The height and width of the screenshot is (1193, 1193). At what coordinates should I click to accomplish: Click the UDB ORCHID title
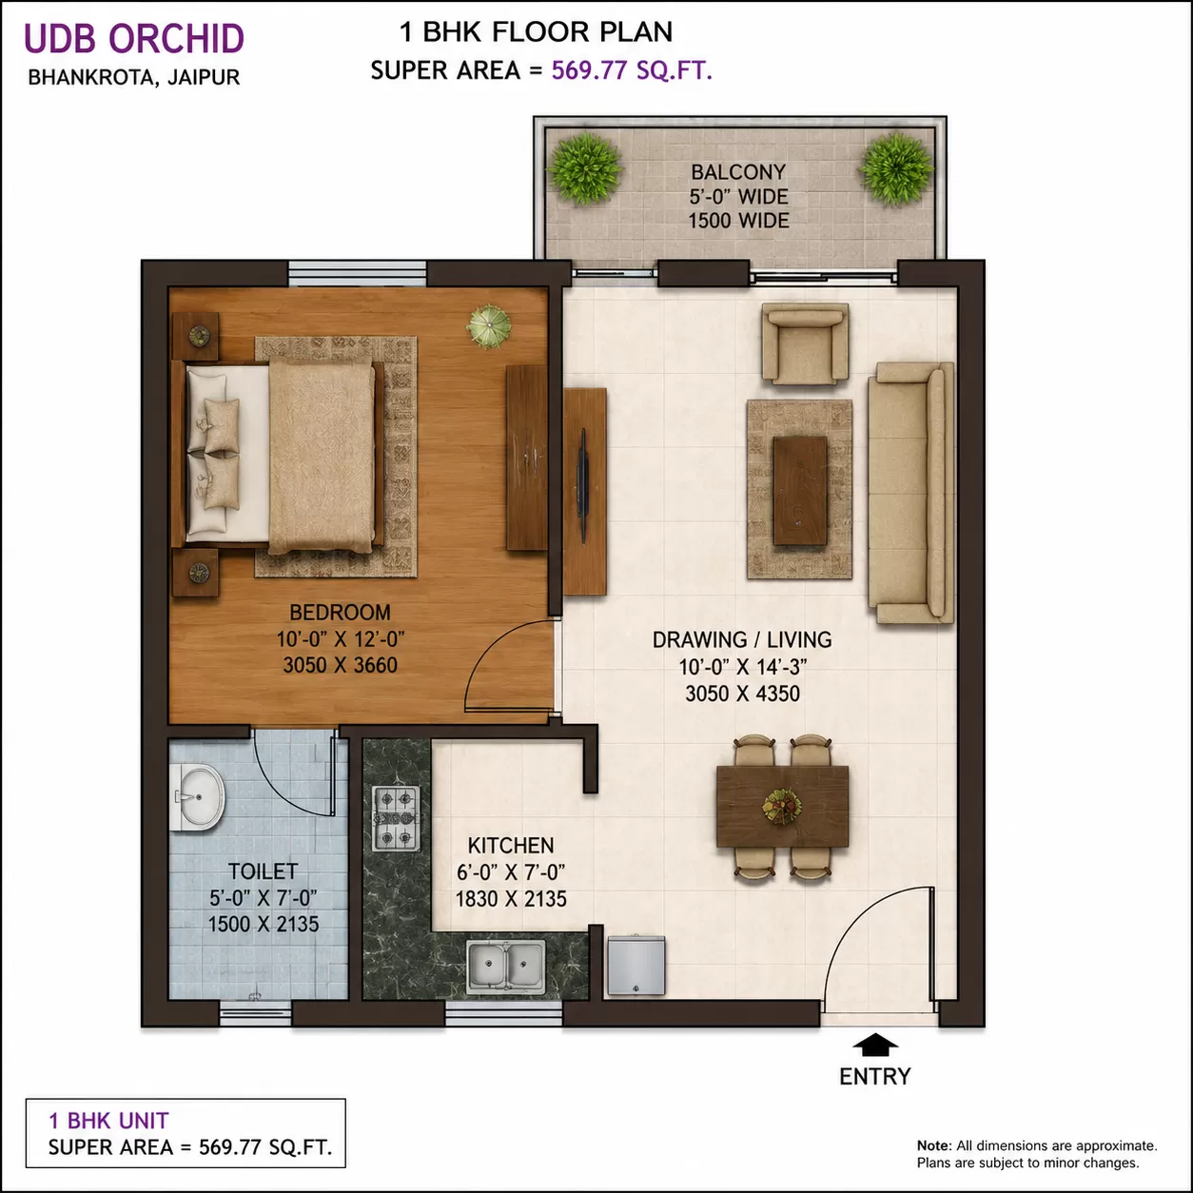(x=134, y=38)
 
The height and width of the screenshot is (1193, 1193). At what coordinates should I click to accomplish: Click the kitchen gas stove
(x=396, y=818)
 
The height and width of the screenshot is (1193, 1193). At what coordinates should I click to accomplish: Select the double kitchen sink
(x=506, y=967)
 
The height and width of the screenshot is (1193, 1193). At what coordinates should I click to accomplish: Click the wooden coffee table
(x=800, y=490)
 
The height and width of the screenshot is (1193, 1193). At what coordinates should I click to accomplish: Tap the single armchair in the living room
(x=805, y=343)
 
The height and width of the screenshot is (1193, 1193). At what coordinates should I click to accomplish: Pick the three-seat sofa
(x=910, y=492)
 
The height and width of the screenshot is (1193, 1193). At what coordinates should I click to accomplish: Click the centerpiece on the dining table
(x=782, y=807)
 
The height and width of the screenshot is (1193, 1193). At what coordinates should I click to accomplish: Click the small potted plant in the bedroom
(x=488, y=326)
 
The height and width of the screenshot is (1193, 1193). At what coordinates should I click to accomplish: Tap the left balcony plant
(x=585, y=168)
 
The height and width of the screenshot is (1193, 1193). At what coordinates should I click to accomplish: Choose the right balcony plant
(x=896, y=168)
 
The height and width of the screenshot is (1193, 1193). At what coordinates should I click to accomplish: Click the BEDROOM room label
(x=340, y=613)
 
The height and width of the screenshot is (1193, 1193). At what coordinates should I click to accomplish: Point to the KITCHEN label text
(x=511, y=845)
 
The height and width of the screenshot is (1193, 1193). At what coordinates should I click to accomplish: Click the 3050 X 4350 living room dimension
(x=742, y=694)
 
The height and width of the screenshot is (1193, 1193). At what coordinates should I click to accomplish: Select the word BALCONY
(x=738, y=171)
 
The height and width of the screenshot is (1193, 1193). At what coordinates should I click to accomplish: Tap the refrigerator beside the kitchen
(x=636, y=967)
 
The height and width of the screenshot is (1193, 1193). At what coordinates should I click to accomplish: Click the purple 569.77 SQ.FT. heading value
(x=632, y=70)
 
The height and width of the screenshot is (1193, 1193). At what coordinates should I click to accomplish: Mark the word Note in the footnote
(x=934, y=1145)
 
